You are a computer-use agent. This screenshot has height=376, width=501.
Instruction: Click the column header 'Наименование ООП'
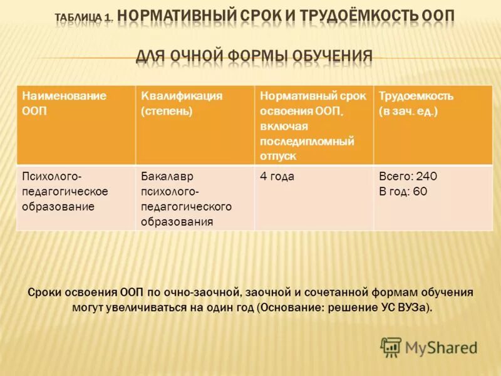(x=65, y=103)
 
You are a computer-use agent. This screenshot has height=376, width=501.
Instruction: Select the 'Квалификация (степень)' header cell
(x=182, y=103)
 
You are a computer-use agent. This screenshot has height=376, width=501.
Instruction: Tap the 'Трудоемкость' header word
(x=416, y=96)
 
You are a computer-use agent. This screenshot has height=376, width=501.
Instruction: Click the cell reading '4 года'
(x=277, y=177)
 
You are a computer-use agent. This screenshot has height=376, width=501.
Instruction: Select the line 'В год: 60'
(x=403, y=191)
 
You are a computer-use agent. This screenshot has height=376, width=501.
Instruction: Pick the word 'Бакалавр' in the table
(x=163, y=177)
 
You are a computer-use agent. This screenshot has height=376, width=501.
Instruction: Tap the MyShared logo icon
(x=391, y=346)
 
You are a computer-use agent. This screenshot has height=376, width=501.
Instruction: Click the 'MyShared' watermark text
(x=442, y=347)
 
